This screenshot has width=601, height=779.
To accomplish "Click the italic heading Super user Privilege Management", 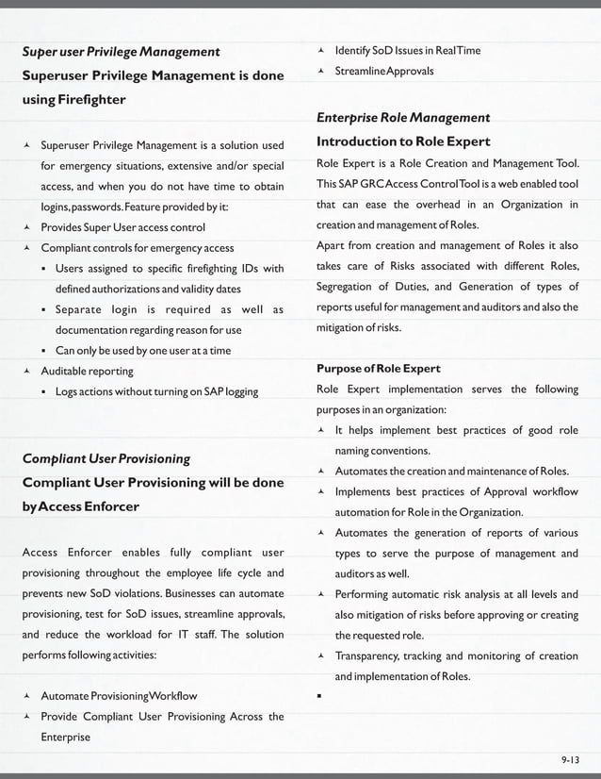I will [x=121, y=51].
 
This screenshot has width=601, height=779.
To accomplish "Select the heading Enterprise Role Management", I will [x=402, y=118].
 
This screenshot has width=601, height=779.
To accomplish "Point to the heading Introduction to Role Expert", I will [x=403, y=141].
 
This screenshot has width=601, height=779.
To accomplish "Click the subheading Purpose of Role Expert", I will [x=379, y=368].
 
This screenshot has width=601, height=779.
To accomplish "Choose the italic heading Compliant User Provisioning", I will [x=106, y=458].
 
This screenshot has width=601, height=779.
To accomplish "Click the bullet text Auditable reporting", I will [x=87, y=371].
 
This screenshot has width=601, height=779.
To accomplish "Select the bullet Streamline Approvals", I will [x=383, y=71].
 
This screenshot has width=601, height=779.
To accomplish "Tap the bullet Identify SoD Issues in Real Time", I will [x=407, y=50].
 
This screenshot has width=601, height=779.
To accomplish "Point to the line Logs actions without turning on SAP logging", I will [x=156, y=390].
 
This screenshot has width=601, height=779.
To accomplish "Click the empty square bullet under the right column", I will [x=321, y=698].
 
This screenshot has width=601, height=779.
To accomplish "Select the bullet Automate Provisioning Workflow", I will [x=119, y=696].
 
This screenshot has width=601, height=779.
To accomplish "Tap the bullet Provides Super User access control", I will [x=122, y=227].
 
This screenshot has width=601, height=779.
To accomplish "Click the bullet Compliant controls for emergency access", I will [x=137, y=248].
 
